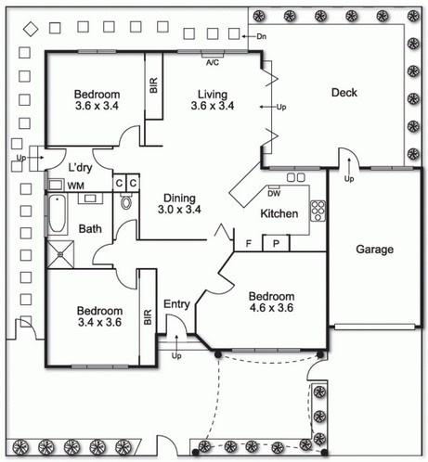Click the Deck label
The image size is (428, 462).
pos(344,93)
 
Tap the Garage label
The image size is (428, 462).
pos(375,250)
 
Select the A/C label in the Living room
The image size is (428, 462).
pos(213,63)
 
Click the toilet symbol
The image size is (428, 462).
pos(126,201)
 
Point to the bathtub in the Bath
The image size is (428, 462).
pos(58,213)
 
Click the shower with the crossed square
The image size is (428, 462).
pos(60,254)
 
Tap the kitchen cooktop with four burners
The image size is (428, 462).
pos(318,211)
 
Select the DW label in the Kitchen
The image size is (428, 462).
pos(274,194)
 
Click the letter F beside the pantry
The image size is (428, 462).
pos(248,244)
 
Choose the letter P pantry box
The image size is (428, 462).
pos(276,243)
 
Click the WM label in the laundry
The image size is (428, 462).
pos(75,186)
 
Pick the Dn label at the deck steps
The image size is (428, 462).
pos(262,36)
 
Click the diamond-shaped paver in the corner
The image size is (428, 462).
pos(31,30)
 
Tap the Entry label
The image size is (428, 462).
pos(176,304)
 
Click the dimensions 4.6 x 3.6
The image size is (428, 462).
pos(271,308)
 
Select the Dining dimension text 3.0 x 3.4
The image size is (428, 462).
pos(179,210)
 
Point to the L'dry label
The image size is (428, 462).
pos(80,168)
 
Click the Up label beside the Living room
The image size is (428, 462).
pos(281,108)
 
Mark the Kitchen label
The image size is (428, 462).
pos(279,213)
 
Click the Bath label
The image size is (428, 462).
pos(90,229)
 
